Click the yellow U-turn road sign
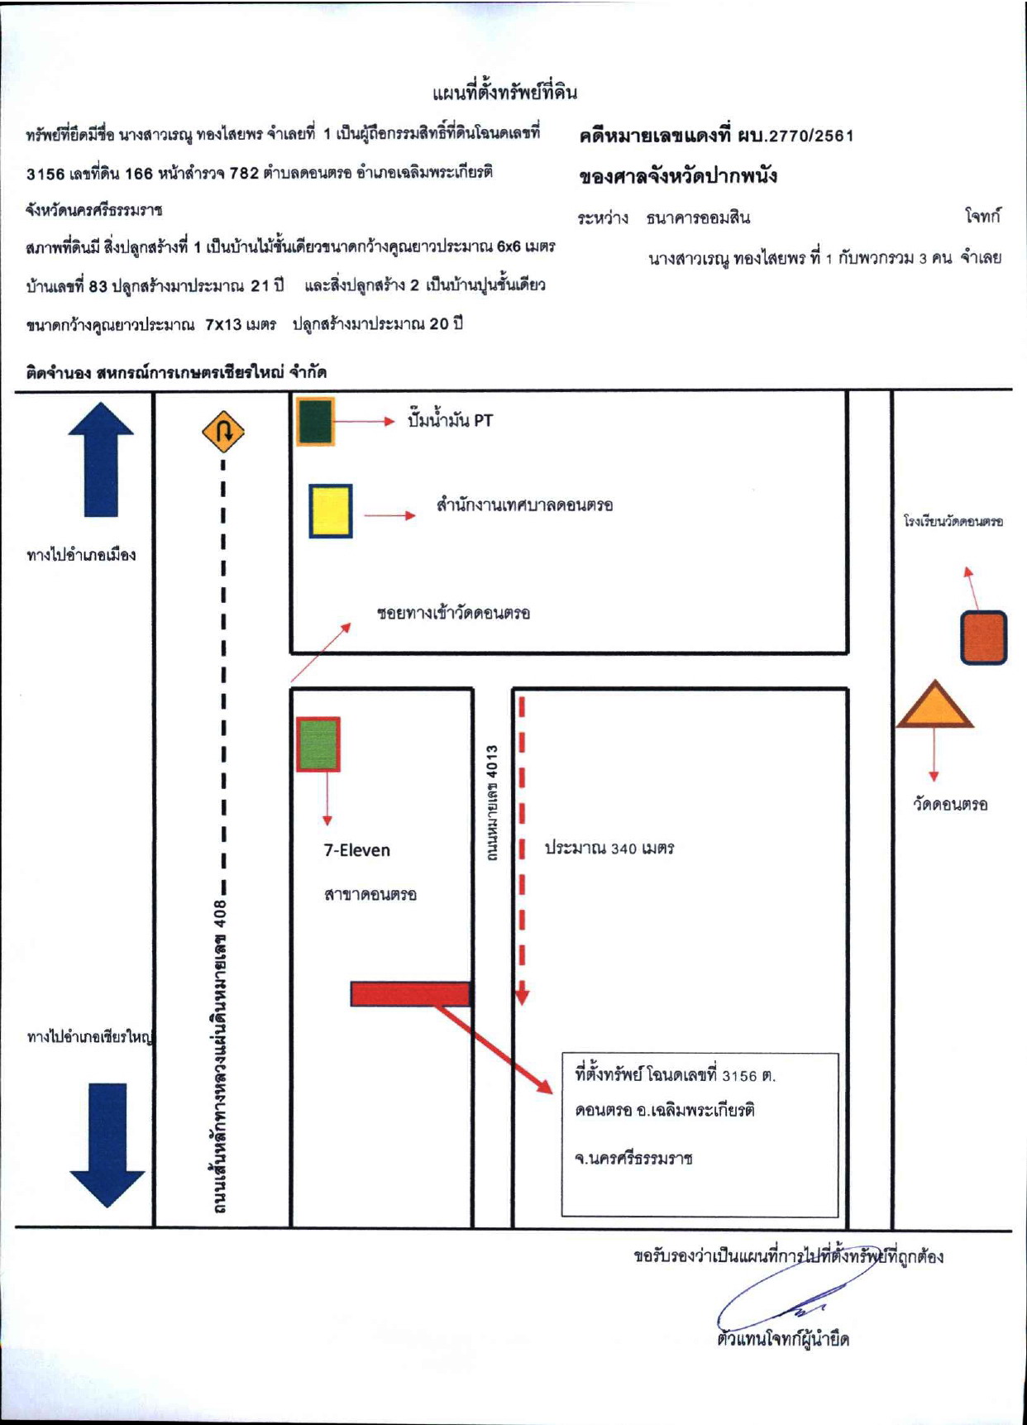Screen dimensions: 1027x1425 [x=223, y=432]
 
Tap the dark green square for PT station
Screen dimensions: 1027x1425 [x=315, y=422]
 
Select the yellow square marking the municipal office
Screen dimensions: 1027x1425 [x=331, y=511]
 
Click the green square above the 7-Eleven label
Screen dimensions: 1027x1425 [x=318, y=744]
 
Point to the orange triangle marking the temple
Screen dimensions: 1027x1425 [x=934, y=705]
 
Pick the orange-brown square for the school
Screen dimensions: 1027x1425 [x=983, y=637]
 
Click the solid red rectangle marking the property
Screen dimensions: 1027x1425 [x=410, y=993]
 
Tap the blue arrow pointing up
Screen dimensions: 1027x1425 [x=100, y=460]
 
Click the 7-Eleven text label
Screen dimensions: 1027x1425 [x=356, y=850]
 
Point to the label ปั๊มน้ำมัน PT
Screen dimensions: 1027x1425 [x=450, y=420]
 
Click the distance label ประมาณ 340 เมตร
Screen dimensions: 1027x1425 [x=609, y=848]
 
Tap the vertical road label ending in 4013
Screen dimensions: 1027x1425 [x=492, y=803]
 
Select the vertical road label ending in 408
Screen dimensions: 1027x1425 [x=220, y=1056]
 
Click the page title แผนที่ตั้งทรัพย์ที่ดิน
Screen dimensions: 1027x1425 [x=504, y=92]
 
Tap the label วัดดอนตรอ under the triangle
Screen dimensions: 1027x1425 [x=950, y=804]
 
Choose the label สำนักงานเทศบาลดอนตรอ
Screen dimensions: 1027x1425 [x=524, y=504]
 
